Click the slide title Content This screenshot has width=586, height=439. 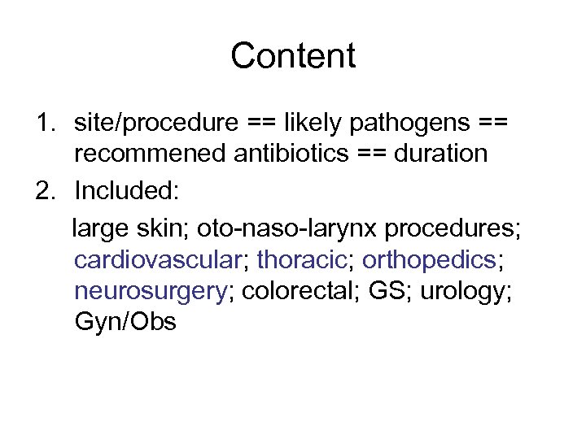coord(293,56)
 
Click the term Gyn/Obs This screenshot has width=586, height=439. coord(125,321)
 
